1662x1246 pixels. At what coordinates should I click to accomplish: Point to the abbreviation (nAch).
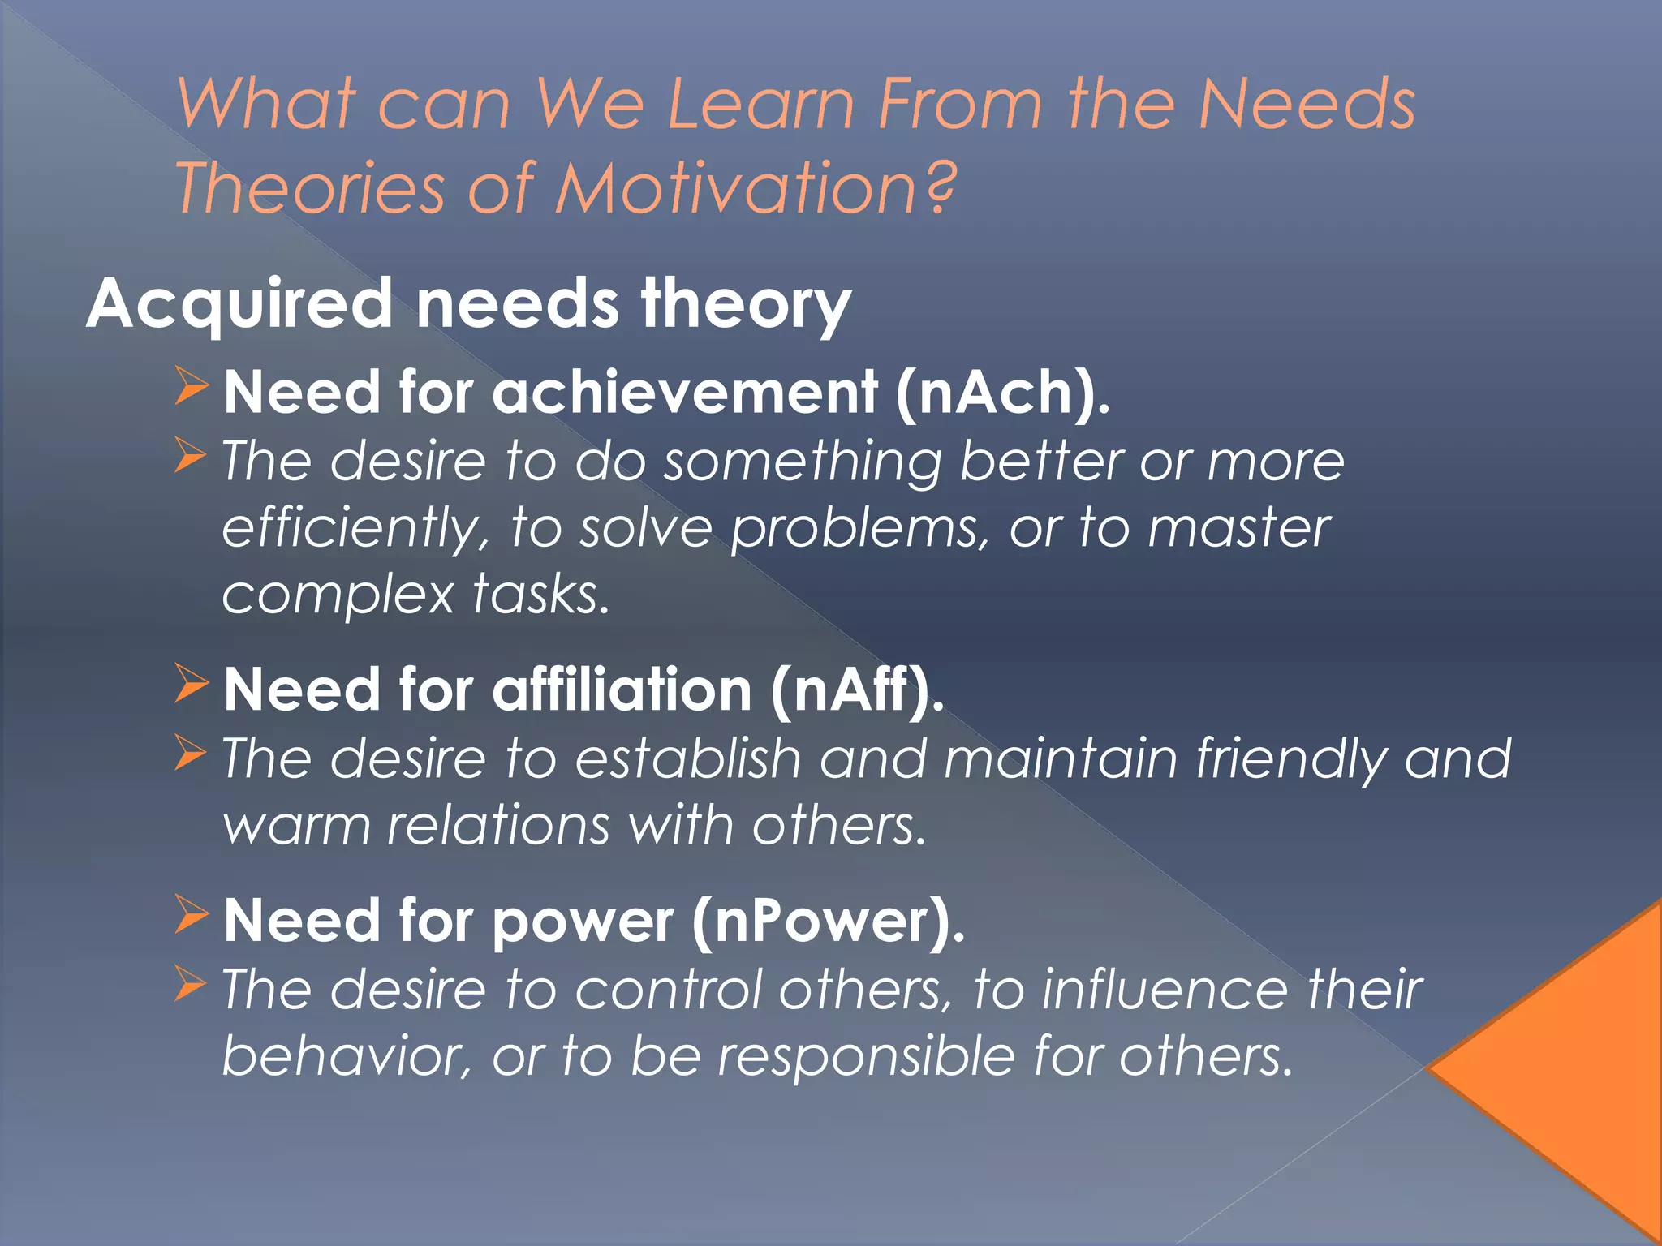coord(1003,393)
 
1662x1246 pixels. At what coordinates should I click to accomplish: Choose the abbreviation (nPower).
coord(829,922)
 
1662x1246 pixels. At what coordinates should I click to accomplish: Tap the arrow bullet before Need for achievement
coord(192,385)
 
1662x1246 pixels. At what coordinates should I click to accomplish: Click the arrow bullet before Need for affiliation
coord(192,683)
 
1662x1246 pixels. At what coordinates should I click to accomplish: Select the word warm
coord(296,827)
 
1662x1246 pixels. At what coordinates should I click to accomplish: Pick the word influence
coord(1165,990)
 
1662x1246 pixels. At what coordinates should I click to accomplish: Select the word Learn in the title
coord(760,105)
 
